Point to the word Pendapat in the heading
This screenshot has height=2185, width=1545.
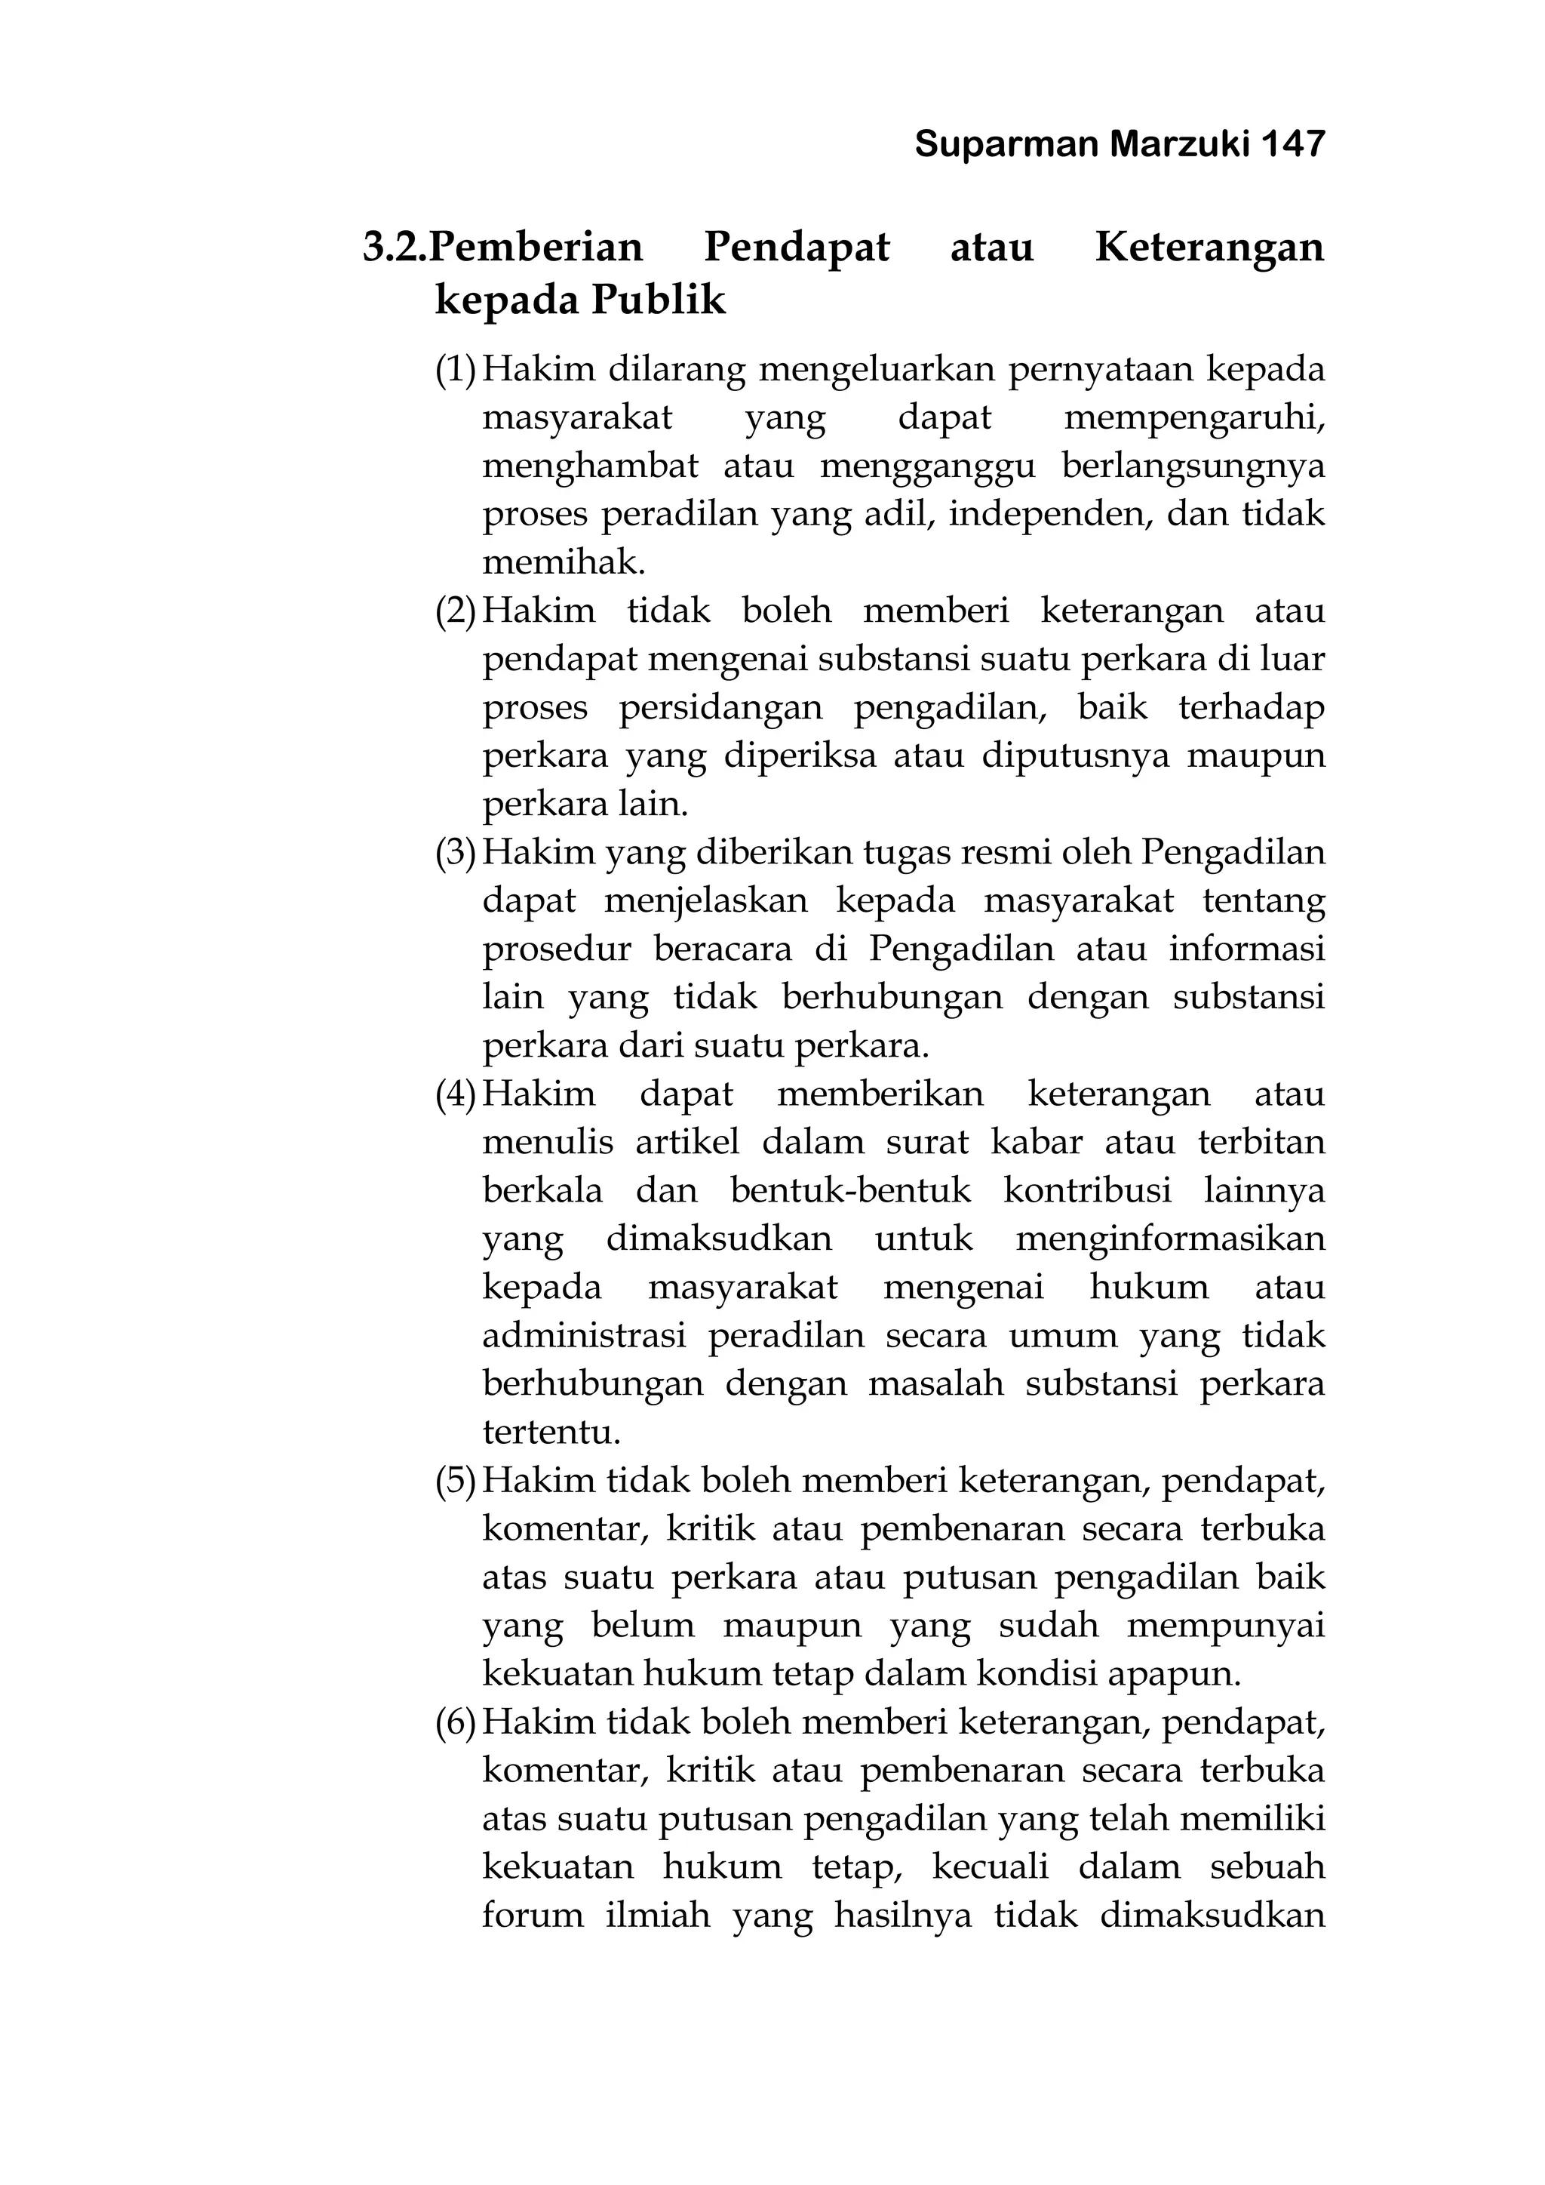click(x=797, y=248)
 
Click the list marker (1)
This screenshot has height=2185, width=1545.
click(x=455, y=369)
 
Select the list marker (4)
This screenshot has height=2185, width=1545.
click(x=455, y=1094)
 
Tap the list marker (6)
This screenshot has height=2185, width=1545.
click(x=455, y=1722)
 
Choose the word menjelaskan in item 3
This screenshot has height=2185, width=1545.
click(x=705, y=901)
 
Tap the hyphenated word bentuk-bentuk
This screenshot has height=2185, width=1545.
click(x=850, y=1190)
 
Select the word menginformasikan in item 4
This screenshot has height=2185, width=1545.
click(x=1170, y=1239)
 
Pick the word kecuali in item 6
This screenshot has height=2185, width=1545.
click(x=990, y=1866)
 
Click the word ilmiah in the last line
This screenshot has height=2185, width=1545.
click(x=657, y=1915)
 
